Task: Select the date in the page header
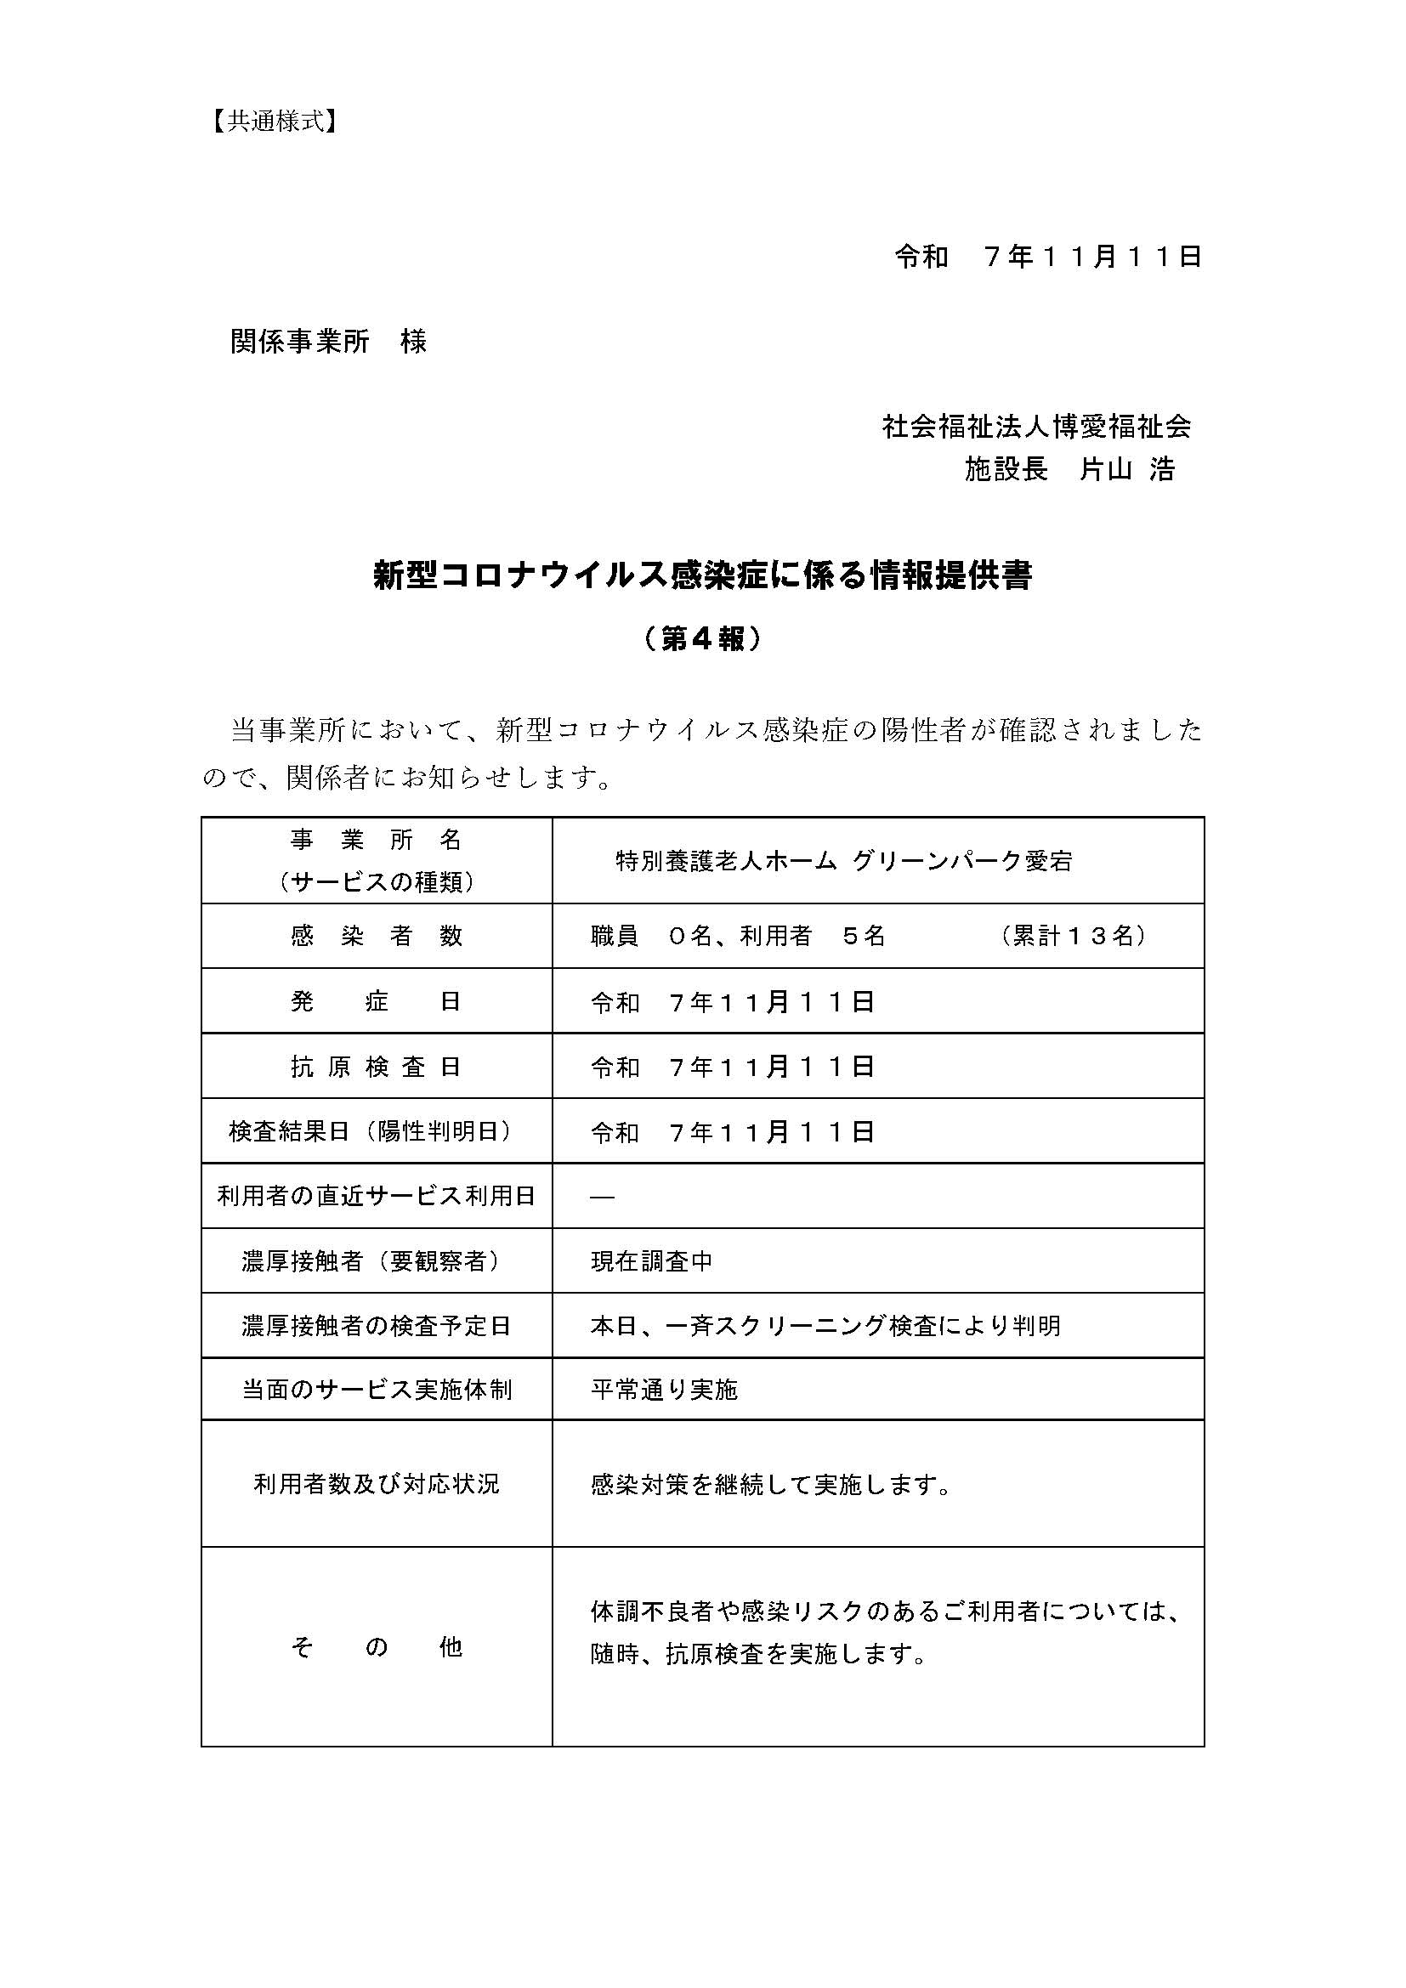[x=1047, y=258]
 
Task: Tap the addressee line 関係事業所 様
[x=328, y=342]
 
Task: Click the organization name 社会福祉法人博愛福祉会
[x=1036, y=426]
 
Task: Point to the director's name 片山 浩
[x=1126, y=469]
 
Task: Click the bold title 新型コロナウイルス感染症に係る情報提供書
[x=702, y=575]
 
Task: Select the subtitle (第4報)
[x=702, y=639]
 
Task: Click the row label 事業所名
[x=377, y=840]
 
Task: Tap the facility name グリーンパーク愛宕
[x=961, y=862]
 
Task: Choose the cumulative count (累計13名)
[x=1074, y=936]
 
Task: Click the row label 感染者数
[x=377, y=936]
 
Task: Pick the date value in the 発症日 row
[x=733, y=1002]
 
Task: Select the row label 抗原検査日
[x=377, y=1067]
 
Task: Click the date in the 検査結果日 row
[x=733, y=1131]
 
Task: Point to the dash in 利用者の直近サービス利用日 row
[x=603, y=1197]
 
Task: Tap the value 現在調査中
[x=652, y=1261]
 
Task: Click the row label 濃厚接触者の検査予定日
[x=377, y=1326]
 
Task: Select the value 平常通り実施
[x=664, y=1390]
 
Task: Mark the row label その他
[x=377, y=1647]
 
